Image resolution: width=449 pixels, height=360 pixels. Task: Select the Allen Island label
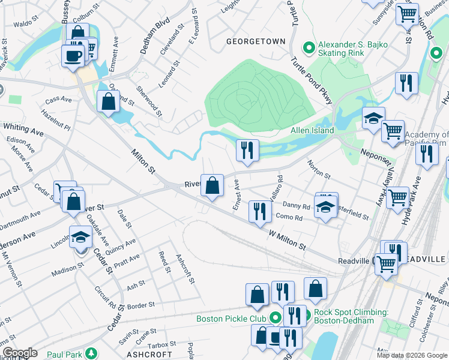[x=312, y=130]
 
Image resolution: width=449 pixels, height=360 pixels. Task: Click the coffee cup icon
[x=73, y=56]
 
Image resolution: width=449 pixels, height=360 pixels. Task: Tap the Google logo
[x=20, y=353]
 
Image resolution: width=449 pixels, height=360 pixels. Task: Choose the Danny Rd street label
[x=296, y=206]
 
